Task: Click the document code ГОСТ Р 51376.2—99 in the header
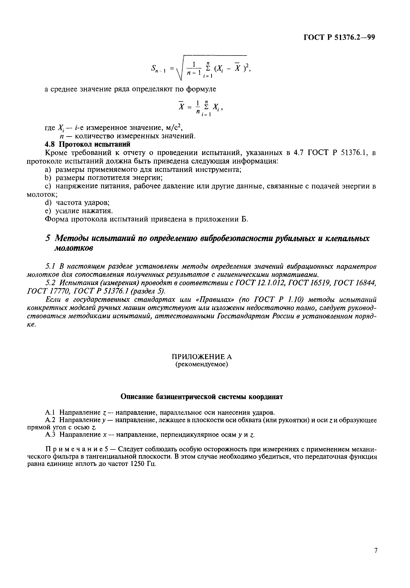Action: (339, 38)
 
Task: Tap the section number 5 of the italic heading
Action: (48, 238)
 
